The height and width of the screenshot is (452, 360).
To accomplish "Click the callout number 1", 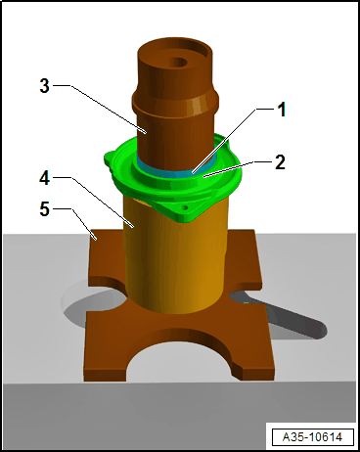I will click(x=282, y=111).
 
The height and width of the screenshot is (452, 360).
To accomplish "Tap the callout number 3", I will click(x=44, y=86).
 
